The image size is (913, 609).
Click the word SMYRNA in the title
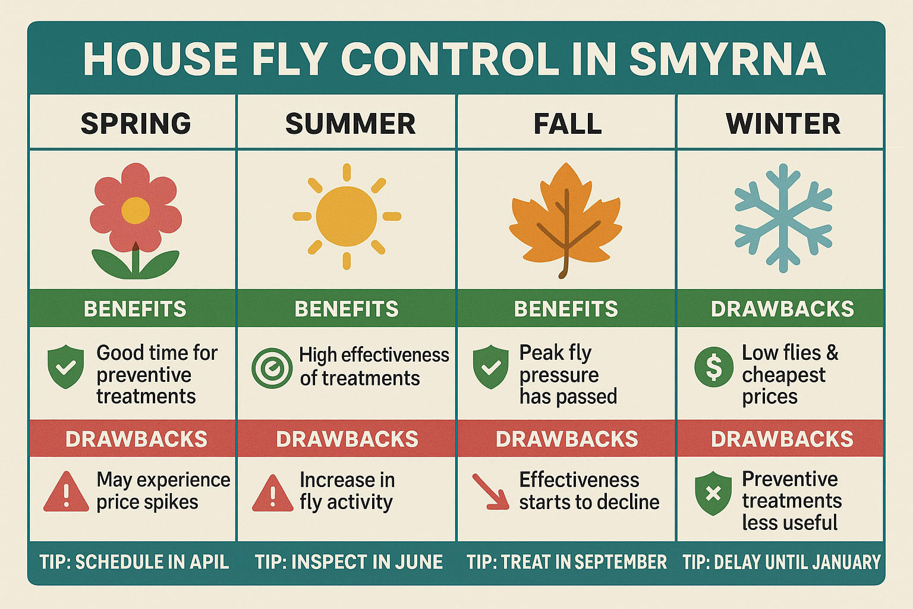(x=727, y=59)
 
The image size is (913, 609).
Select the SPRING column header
(x=136, y=124)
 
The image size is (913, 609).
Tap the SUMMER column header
(x=350, y=124)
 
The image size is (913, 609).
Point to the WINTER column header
(x=783, y=124)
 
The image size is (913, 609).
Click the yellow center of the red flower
(x=136, y=211)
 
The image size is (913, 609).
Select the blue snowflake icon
(x=783, y=218)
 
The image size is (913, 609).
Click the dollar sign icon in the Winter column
(x=713, y=367)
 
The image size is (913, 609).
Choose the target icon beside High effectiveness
(x=272, y=368)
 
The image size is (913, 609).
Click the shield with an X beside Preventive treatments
(x=713, y=493)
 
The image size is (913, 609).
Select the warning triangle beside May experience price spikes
(x=66, y=492)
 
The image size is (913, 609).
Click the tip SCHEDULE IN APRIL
(x=134, y=562)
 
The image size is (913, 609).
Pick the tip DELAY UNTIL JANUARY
(x=781, y=562)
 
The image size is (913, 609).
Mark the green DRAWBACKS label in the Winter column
(x=782, y=309)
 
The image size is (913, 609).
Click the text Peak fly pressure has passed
(x=568, y=375)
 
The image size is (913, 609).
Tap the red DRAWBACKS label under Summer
(x=347, y=439)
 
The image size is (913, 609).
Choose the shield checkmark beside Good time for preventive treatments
(x=65, y=367)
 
